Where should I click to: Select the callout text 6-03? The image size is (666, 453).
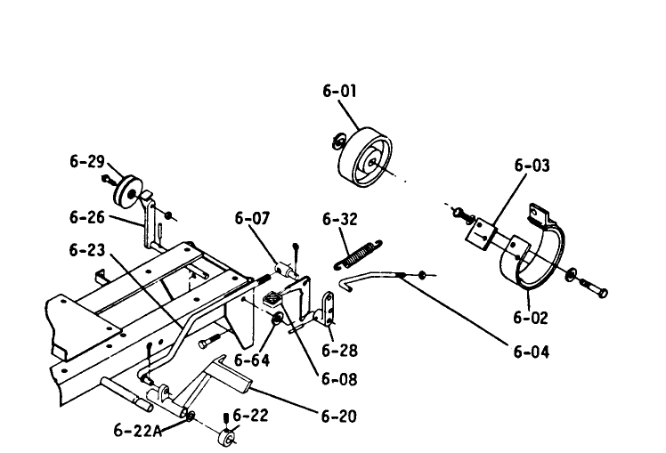tap(532, 166)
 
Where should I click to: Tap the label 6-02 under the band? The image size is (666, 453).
tap(531, 317)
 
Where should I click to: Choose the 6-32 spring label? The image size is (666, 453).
tap(339, 218)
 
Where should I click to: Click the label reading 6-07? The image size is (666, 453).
tap(253, 218)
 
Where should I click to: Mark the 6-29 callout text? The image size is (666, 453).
tap(87, 162)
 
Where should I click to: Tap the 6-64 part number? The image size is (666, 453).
tap(253, 360)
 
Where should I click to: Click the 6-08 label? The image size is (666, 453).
tap(339, 379)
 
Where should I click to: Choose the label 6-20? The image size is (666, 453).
tap(339, 415)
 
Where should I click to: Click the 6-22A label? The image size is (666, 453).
tap(136, 430)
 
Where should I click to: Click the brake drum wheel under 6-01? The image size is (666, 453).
tap(364, 159)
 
